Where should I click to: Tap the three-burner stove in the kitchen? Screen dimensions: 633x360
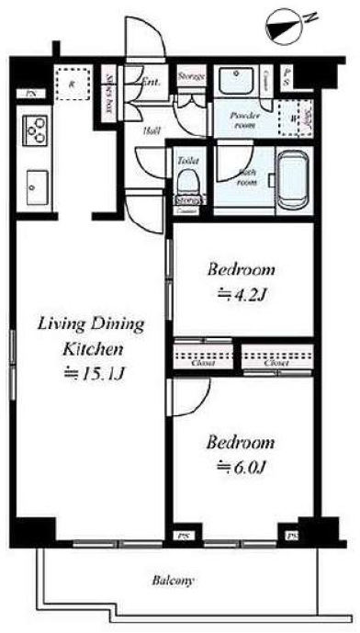pyautogui.click(x=34, y=130)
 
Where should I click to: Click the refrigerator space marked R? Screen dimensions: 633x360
pyautogui.click(x=72, y=83)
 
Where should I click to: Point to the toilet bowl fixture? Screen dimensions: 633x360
pyautogui.click(x=189, y=177)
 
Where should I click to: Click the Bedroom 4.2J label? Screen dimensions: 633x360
pyautogui.click(x=241, y=283)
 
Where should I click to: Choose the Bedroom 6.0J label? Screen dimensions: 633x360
pyautogui.click(x=241, y=454)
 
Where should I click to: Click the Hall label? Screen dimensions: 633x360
pyautogui.click(x=150, y=131)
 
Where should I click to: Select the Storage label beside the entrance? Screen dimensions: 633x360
pyautogui.click(x=191, y=77)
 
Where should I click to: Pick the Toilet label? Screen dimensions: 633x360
pyautogui.click(x=188, y=159)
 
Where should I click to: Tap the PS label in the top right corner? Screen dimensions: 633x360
pyautogui.click(x=288, y=77)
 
